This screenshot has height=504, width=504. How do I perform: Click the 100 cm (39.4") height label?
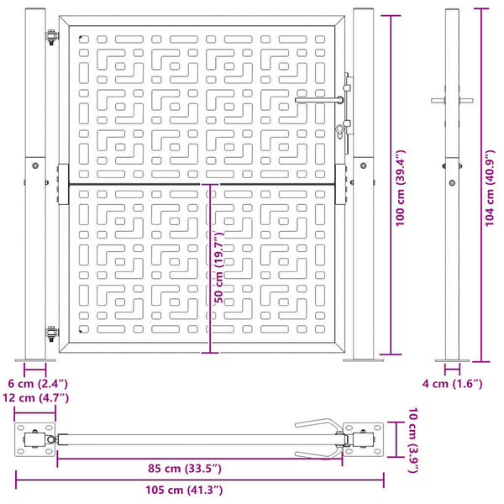point(401,188)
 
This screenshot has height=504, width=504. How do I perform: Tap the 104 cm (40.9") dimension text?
point(490,188)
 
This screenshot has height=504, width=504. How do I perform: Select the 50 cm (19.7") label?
point(219,268)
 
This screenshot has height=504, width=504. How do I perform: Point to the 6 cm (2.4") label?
point(38,384)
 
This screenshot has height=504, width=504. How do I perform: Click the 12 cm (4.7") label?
point(35,398)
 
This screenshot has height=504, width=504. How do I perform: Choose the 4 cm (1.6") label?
point(452,384)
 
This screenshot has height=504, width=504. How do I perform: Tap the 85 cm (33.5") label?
point(185,469)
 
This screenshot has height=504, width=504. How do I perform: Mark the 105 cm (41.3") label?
point(184,491)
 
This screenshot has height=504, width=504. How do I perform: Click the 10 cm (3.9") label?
point(413,440)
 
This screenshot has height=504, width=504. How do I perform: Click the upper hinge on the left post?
point(52,37)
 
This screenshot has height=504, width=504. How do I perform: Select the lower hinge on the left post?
point(52,333)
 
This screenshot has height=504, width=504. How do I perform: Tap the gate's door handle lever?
point(319,100)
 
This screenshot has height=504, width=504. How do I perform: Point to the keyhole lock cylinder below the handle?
point(340,131)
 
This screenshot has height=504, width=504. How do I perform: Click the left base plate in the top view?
point(34,439)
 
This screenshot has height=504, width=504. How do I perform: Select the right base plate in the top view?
point(363,439)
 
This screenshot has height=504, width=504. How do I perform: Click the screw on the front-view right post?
point(363,165)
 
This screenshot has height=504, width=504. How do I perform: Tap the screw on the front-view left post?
point(35,165)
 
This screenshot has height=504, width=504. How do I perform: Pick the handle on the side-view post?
point(452,101)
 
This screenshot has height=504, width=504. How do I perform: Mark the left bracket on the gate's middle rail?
point(63,185)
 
